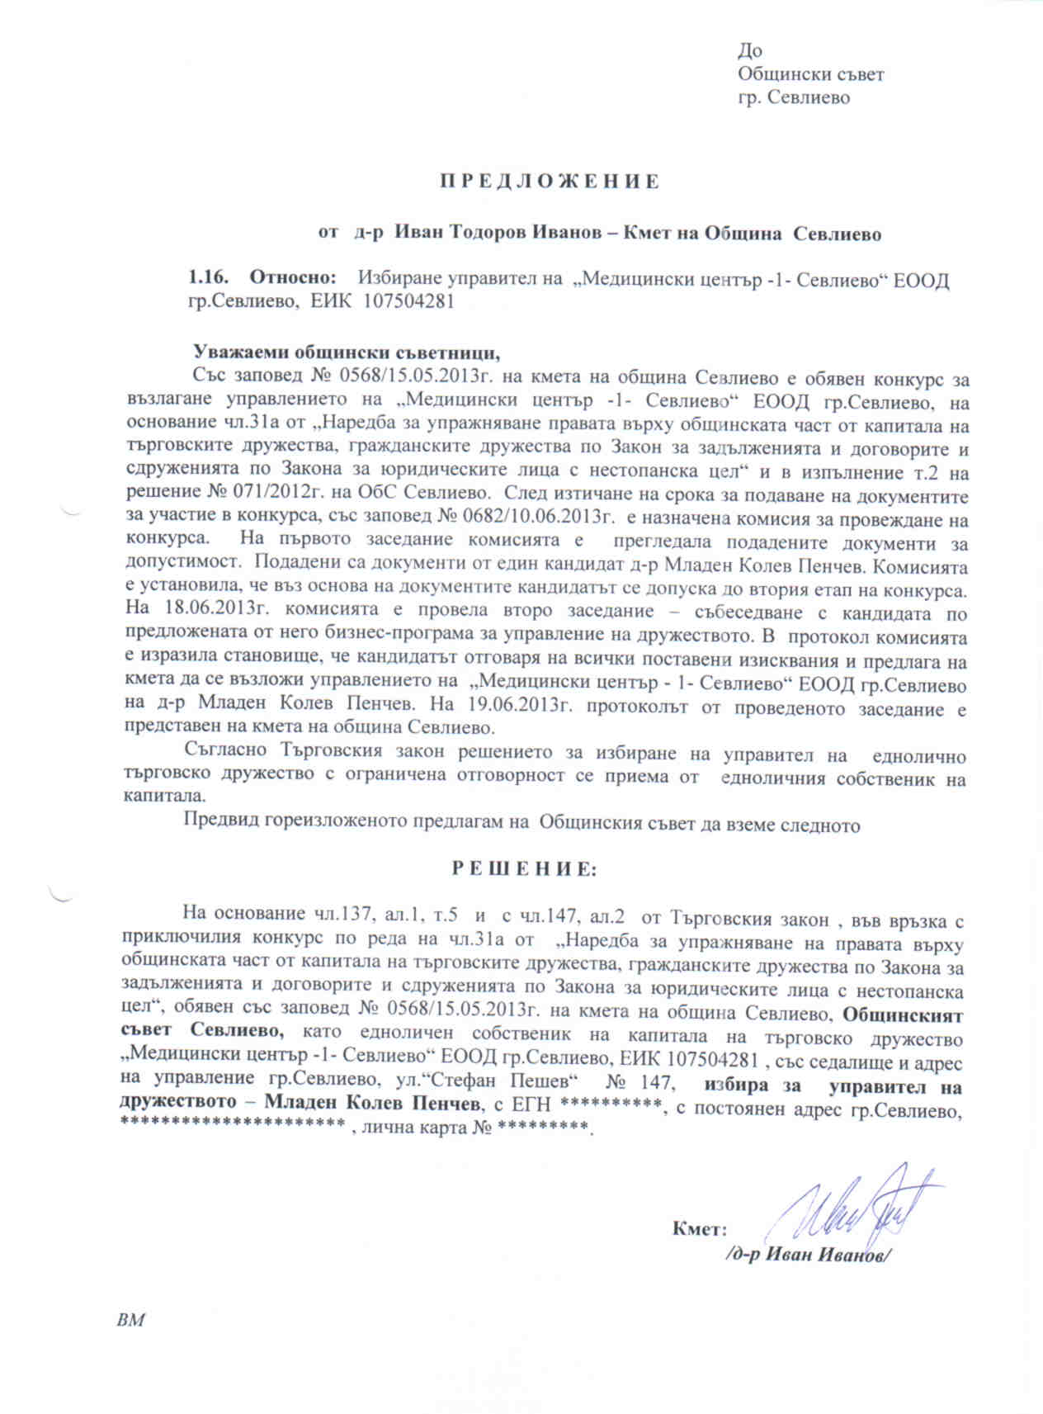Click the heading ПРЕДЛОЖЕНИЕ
pos(549,182)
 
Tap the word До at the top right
pos(750,51)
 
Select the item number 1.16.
pos(208,279)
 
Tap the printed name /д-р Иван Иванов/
pos(807,1255)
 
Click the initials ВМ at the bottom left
pos(131,1320)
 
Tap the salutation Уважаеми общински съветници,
pos(347,352)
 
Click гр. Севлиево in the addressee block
pos(793,97)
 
